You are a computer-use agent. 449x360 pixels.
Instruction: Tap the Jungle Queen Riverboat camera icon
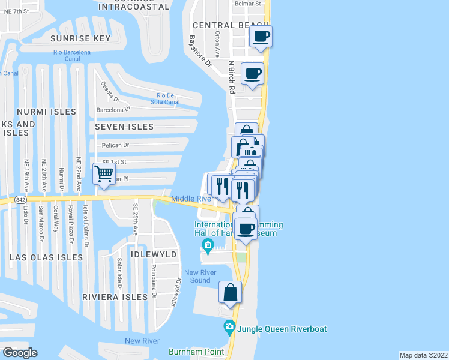coord(229,328)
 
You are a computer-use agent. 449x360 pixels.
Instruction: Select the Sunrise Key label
coord(81,38)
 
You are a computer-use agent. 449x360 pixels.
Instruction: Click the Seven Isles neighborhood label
coord(124,127)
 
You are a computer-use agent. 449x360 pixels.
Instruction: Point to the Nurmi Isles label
coord(47,112)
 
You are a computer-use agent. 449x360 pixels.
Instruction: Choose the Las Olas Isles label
coord(46,257)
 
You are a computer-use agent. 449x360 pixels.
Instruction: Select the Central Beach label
coord(222,25)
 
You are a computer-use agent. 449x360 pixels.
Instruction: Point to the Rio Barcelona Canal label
coord(71,56)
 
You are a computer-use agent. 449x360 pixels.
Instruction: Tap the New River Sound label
coord(200,277)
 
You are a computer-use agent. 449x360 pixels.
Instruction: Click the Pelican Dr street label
coord(118,145)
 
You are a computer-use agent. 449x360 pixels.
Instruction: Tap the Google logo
coord(20,352)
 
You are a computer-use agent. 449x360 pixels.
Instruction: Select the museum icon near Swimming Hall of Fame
coord(208,244)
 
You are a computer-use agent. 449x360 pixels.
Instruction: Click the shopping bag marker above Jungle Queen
coord(231,293)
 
